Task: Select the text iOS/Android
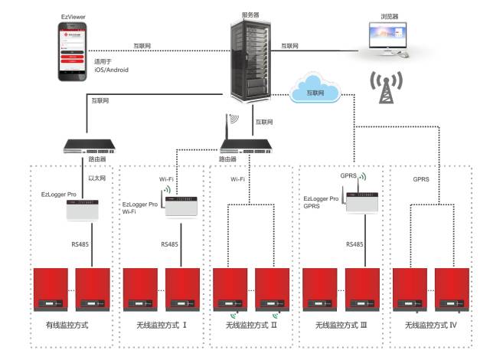click(111, 70)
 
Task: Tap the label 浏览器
click(390, 13)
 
